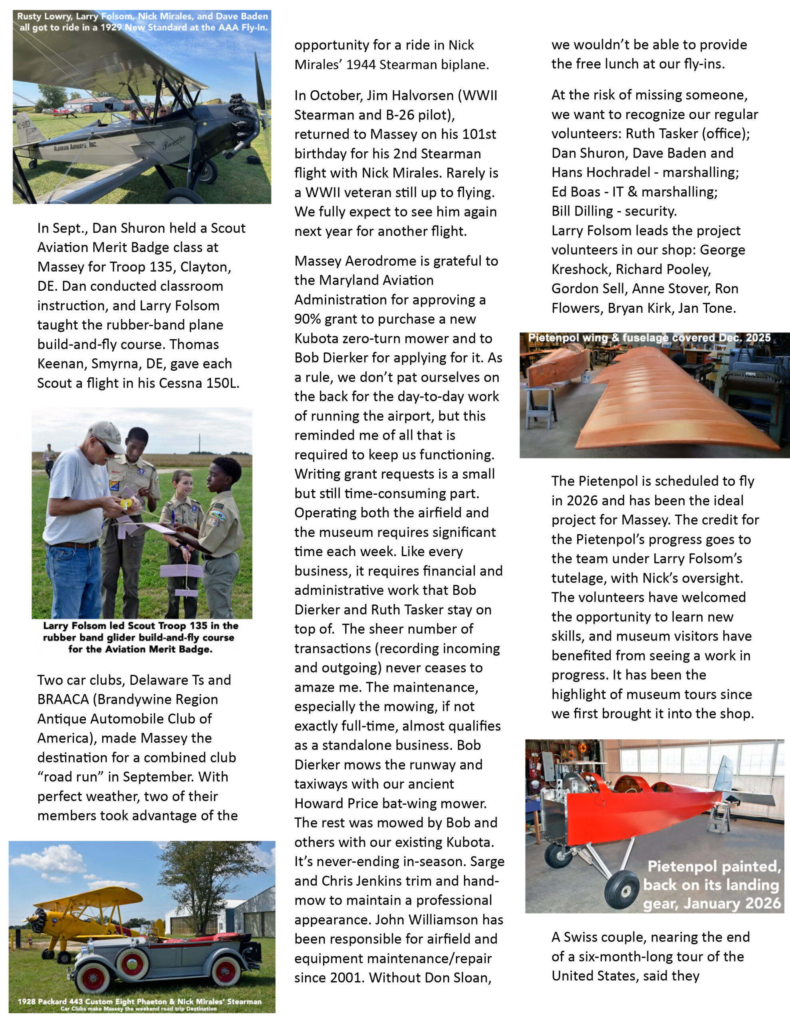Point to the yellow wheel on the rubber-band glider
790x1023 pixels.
tap(124, 504)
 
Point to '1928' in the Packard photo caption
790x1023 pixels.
tap(27, 1001)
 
